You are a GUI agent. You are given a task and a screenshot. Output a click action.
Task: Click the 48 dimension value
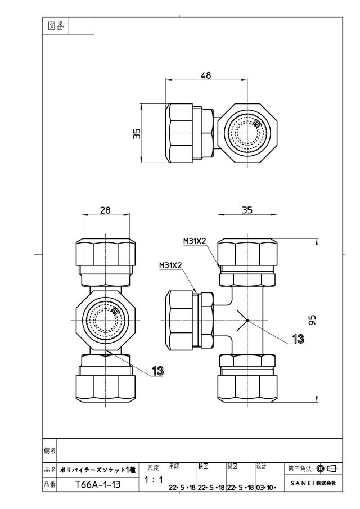(206, 75)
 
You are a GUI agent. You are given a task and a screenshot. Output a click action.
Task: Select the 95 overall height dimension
(312, 320)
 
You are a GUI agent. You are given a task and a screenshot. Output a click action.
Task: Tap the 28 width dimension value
(105, 210)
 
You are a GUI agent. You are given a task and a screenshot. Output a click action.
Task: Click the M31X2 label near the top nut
(195, 241)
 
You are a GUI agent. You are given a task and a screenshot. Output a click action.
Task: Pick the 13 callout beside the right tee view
(298, 339)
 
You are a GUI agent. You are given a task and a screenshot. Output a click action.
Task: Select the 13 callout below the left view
(157, 371)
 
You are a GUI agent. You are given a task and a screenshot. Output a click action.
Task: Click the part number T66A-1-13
(98, 485)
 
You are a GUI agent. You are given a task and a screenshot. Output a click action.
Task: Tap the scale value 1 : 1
(154, 480)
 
